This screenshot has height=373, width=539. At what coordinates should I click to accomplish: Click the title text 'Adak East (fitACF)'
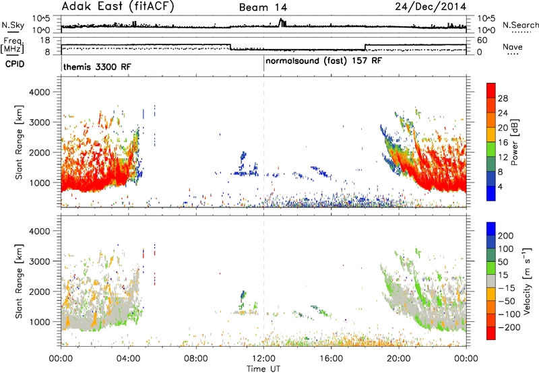pyautogui.click(x=118, y=7)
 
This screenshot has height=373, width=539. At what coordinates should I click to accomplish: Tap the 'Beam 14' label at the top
pyautogui.click(x=263, y=7)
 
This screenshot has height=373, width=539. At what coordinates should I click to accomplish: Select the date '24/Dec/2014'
pyautogui.click(x=431, y=7)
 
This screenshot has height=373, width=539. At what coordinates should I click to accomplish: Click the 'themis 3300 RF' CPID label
pyautogui.click(x=97, y=67)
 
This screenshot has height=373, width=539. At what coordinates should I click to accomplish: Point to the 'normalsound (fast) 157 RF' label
pyautogui.click(x=323, y=61)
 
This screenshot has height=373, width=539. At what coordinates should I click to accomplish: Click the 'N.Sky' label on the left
pyautogui.click(x=13, y=26)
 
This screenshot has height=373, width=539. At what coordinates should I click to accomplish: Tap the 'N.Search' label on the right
pyautogui.click(x=520, y=25)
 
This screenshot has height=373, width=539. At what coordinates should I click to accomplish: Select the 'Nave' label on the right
pyautogui.click(x=513, y=47)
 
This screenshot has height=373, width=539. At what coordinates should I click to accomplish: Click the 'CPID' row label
pyautogui.click(x=15, y=64)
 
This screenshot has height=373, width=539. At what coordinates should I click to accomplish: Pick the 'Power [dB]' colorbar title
pyautogui.click(x=514, y=142)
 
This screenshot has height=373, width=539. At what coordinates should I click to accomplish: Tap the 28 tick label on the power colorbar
pyautogui.click(x=503, y=98)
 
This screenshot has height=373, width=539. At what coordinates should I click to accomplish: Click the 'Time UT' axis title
pyautogui.click(x=263, y=369)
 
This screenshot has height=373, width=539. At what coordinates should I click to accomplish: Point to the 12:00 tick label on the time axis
pyautogui.click(x=263, y=359)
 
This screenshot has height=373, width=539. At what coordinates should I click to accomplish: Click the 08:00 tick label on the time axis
pyautogui.click(x=196, y=359)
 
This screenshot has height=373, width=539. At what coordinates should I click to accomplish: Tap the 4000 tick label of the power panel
pyautogui.click(x=40, y=92)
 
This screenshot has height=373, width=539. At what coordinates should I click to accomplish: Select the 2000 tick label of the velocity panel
pyautogui.click(x=40, y=292)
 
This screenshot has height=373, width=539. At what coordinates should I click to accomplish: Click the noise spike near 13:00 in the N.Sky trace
pyautogui.click(x=282, y=22)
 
